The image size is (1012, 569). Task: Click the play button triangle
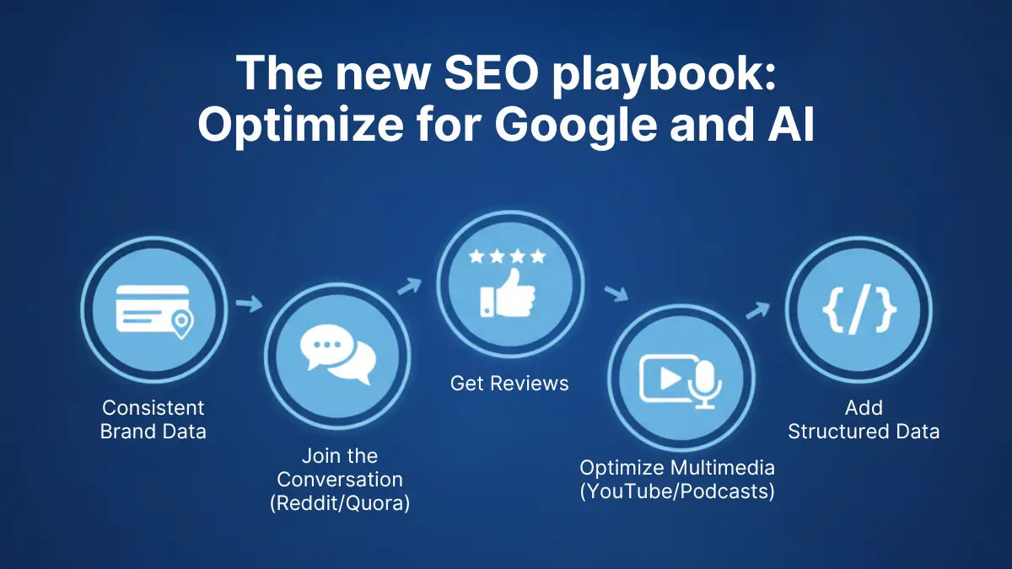[x=671, y=377]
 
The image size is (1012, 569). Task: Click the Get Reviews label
[x=509, y=384]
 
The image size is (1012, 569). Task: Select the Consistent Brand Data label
[x=153, y=420]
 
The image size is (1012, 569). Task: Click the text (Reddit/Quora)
[x=340, y=504]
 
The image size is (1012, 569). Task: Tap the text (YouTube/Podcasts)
[x=677, y=491]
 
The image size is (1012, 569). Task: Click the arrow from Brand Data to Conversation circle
[x=250, y=303]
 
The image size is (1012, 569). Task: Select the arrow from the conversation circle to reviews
[x=409, y=287]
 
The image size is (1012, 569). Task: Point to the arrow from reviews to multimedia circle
[x=616, y=293]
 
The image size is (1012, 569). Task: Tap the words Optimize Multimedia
[x=677, y=467]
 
